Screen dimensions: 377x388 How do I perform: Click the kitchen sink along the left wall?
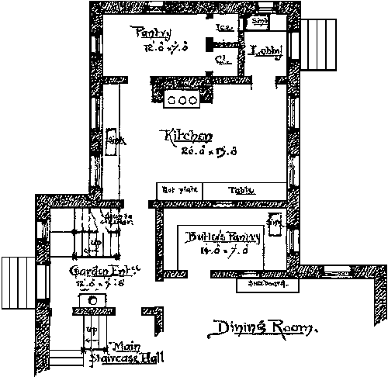click(x=113, y=140)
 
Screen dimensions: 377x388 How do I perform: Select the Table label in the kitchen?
click(x=236, y=189)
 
